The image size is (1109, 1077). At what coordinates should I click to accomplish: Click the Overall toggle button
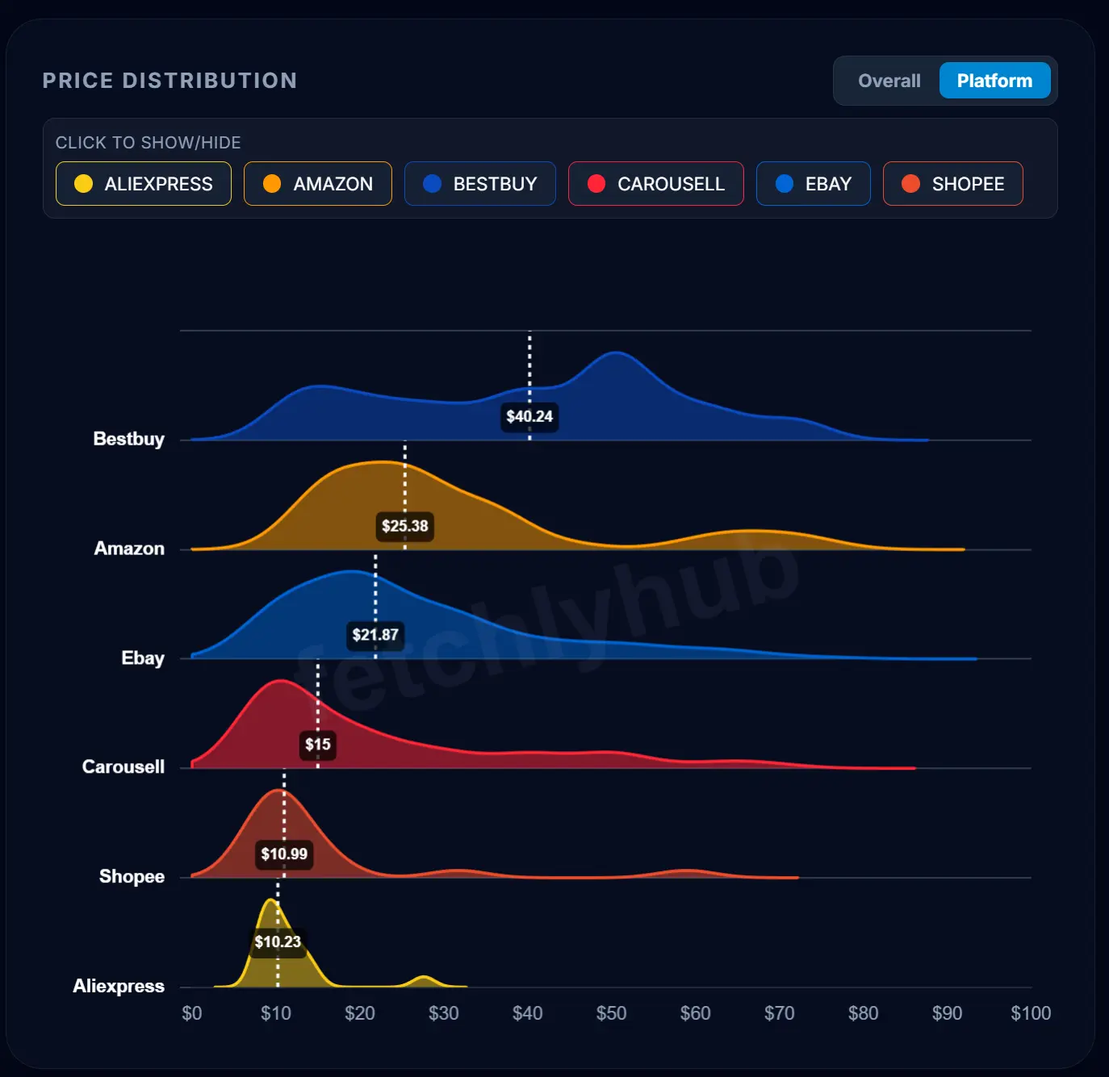889,81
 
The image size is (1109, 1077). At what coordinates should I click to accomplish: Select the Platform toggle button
994,81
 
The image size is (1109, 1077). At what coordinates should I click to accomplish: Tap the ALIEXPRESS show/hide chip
144,184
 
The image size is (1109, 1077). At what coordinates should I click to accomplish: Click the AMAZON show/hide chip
318,184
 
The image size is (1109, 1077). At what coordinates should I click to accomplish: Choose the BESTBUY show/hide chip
480,184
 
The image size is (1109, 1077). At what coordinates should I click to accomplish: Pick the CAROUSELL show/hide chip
656,184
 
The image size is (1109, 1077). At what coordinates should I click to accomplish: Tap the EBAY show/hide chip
814,184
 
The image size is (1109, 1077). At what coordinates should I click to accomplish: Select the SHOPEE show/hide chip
953,184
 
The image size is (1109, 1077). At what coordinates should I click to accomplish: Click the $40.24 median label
529,416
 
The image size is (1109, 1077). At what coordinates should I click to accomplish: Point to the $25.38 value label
405,526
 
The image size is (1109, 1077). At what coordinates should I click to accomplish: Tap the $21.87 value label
375,635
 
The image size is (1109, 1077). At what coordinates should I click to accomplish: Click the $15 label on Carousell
318,744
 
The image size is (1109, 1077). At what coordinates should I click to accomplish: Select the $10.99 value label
284,854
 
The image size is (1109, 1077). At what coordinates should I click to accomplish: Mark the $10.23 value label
278,941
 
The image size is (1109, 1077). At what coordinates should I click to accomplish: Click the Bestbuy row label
129,439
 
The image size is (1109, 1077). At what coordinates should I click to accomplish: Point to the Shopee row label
132,876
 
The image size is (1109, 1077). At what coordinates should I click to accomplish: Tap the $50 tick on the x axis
611,1013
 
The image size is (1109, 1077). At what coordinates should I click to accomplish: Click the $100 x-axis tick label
1031,1013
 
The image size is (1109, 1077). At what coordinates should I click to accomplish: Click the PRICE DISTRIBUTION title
169,81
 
